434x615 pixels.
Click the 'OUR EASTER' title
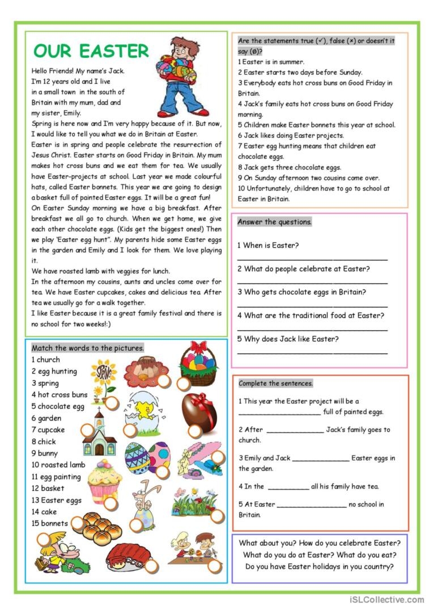click(91, 51)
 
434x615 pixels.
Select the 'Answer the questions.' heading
click(274, 222)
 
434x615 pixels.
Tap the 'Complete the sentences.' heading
click(275, 384)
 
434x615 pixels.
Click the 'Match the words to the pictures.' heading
click(87, 348)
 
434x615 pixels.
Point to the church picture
click(99, 434)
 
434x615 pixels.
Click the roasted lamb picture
click(129, 555)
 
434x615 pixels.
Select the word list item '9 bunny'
click(45, 453)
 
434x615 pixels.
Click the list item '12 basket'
click(48, 488)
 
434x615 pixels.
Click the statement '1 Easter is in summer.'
click(271, 62)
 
